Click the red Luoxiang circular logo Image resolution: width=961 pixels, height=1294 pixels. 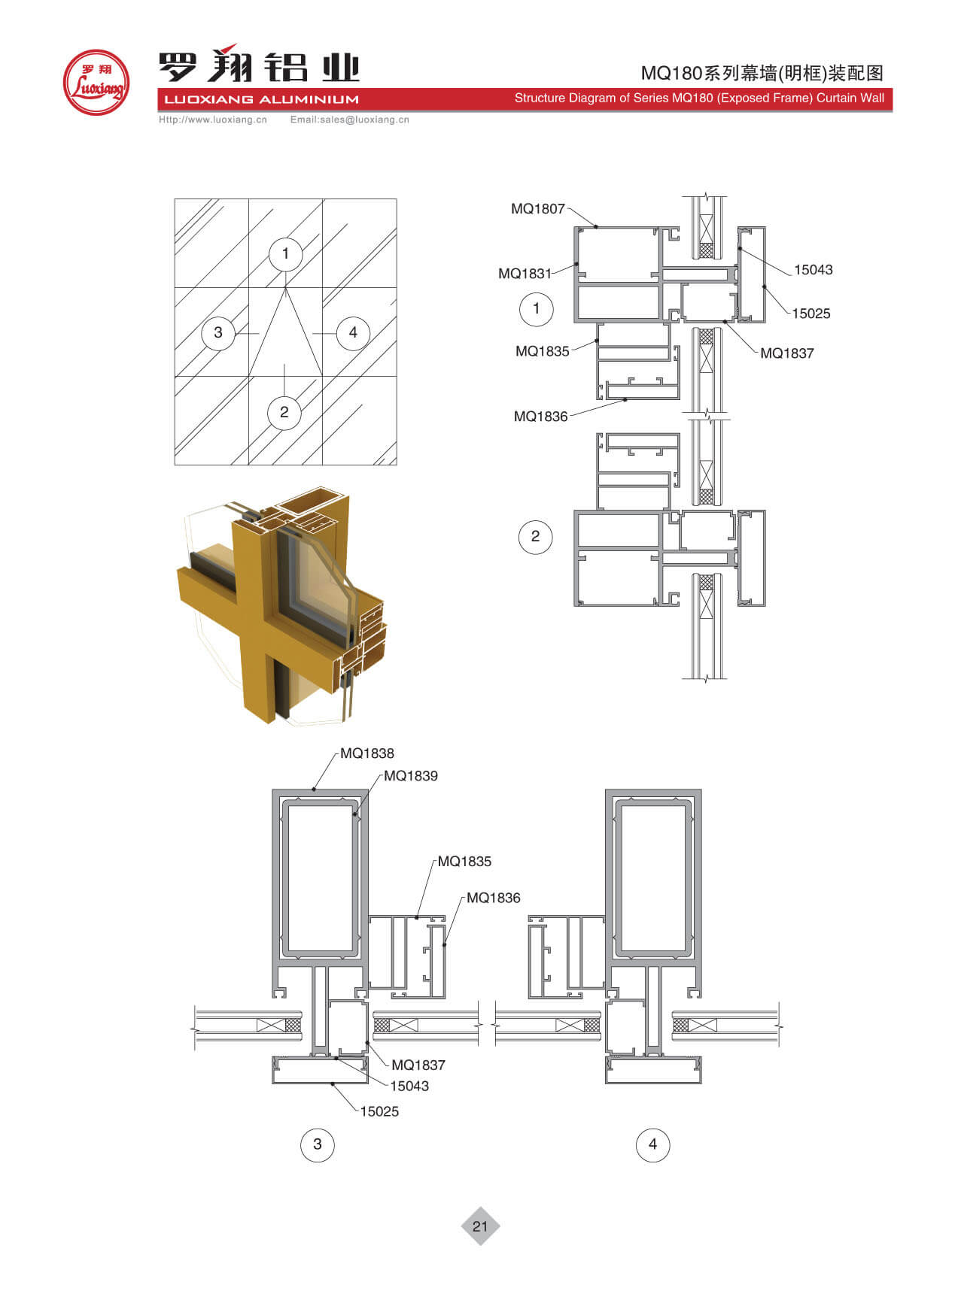[96, 83]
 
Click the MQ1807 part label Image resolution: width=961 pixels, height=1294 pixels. [537, 209]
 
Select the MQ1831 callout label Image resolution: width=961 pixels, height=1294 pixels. [525, 274]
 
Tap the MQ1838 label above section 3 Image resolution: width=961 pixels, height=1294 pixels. [366, 753]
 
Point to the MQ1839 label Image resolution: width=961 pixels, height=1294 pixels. [411, 776]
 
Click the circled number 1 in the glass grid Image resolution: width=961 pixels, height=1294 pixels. [285, 253]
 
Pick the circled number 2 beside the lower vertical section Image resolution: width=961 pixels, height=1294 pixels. [536, 537]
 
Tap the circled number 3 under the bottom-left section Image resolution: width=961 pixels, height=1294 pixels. [318, 1144]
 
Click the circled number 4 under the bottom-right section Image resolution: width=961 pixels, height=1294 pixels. [652, 1144]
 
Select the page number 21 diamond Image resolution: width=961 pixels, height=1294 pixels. [480, 1226]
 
